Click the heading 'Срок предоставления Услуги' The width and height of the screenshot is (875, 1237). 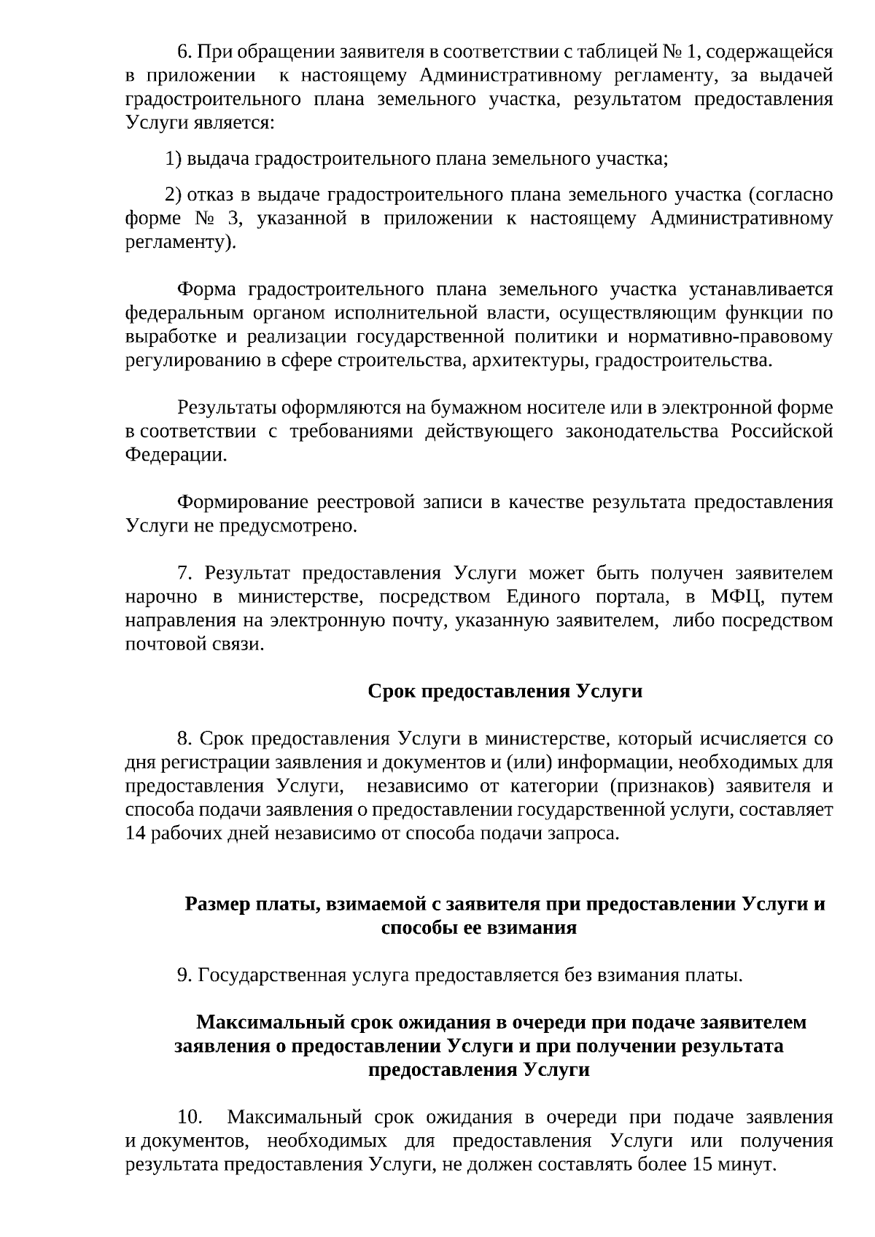point(505,691)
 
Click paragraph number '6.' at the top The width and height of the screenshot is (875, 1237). point(185,52)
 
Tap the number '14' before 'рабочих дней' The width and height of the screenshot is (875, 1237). point(136,833)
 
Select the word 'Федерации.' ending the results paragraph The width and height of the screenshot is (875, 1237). point(176,455)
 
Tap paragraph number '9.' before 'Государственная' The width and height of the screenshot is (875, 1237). point(185,975)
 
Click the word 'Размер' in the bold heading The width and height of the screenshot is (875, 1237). point(215,904)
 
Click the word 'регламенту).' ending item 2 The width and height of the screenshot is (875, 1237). point(181,241)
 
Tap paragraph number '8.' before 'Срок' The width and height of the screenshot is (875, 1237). point(185,738)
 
